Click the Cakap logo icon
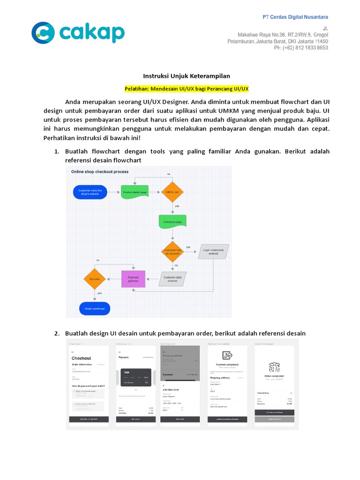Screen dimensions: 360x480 (x=44, y=33)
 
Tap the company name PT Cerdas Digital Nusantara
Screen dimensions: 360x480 (x=295, y=17)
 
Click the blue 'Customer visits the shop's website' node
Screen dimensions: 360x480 (x=90, y=192)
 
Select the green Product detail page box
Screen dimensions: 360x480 (x=135, y=192)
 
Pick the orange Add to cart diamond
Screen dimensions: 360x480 (x=172, y=192)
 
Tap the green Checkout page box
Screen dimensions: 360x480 (x=172, y=222)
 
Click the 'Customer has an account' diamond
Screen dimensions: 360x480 (x=172, y=252)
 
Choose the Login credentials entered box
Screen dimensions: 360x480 (x=213, y=252)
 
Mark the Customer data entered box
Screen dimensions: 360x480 (x=172, y=279)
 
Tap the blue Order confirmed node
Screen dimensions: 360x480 (x=94, y=308)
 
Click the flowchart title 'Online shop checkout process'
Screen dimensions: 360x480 (x=99, y=172)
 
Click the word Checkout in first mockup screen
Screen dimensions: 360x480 (x=81, y=358)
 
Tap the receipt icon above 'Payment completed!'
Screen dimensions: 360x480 (x=227, y=356)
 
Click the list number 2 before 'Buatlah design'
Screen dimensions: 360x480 (x=56, y=333)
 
